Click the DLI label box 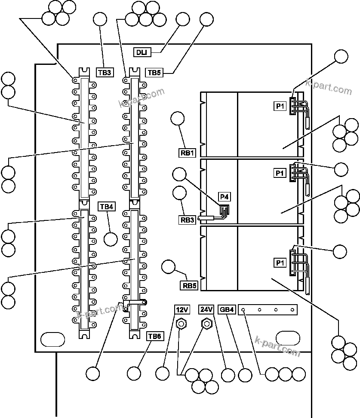(142, 52)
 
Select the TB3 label (105, 72)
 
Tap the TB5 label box (154, 73)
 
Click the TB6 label (154, 336)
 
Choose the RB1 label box (187, 152)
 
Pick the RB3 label (187, 220)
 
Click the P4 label (224, 197)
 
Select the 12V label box (182, 309)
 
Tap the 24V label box (206, 309)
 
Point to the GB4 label (227, 309)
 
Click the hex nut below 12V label (182, 323)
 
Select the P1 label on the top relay (280, 106)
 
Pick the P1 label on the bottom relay (280, 262)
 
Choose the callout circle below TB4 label (111, 239)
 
